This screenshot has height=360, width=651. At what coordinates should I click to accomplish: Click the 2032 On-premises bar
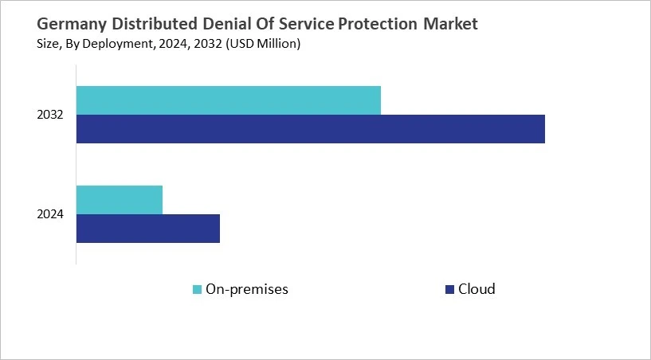point(229,100)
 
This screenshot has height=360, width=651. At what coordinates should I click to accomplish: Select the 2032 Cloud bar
point(311,129)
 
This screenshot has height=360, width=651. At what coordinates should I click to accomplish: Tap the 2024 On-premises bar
point(120,200)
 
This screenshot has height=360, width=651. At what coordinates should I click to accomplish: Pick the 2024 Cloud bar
point(148,229)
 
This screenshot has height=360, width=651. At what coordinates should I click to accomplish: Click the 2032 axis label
point(50,115)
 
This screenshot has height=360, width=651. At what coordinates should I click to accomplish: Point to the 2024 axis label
point(50,214)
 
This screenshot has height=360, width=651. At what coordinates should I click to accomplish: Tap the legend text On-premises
point(246,289)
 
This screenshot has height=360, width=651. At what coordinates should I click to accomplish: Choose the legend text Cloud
point(476,289)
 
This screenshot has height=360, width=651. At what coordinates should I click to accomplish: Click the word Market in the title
point(452,24)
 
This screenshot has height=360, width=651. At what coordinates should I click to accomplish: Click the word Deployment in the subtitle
point(111,45)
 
